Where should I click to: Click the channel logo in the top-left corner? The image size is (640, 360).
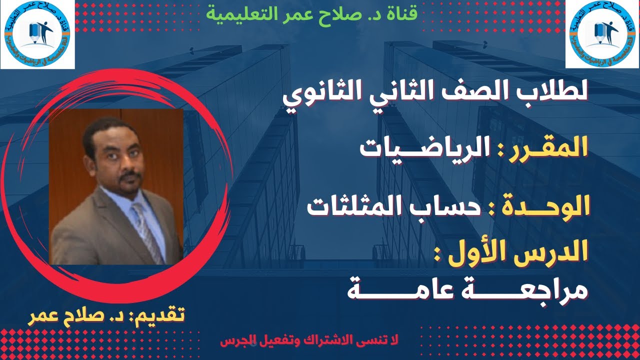37,33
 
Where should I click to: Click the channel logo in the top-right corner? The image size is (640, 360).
602,33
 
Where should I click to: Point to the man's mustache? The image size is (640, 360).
131,175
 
